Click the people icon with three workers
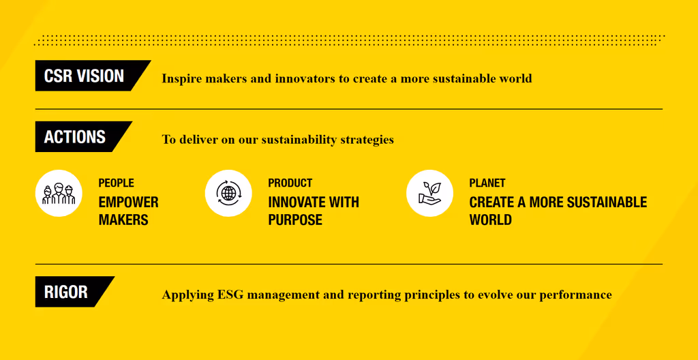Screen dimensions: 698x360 59,194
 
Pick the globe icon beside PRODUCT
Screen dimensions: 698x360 228,194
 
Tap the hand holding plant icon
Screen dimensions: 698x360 429,194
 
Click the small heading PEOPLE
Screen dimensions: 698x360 116,183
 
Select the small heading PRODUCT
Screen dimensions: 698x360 290,183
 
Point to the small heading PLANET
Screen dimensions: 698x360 487,183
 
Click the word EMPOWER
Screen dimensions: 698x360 129,202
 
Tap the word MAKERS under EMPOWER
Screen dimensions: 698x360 123,220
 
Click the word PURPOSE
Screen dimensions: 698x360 295,220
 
